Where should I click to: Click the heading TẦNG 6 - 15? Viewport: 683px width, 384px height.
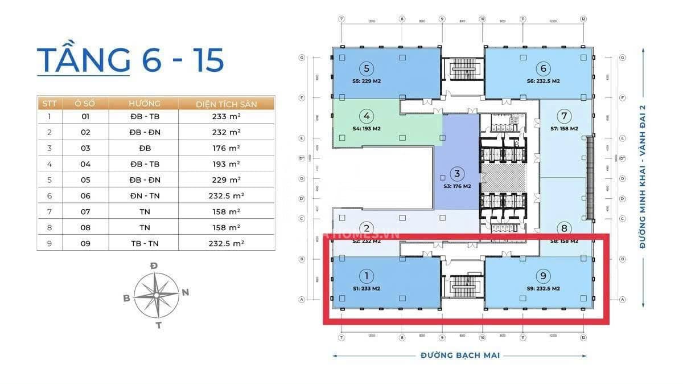(130, 60)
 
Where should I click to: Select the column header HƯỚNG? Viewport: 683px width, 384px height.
(144, 104)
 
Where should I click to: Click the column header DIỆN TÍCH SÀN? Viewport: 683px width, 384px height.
(227, 104)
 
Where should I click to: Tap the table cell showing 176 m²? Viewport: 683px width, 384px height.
(227, 148)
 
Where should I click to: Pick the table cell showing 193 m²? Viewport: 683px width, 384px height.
(227, 164)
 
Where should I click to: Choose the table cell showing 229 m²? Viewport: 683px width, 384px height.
(227, 180)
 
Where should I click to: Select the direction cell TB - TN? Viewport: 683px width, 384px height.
(144, 243)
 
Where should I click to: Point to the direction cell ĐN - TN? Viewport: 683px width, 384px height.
(144, 195)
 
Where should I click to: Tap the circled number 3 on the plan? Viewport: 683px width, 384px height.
(456, 173)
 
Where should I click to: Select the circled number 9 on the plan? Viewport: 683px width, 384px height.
(544, 276)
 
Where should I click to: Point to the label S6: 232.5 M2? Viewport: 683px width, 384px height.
(544, 81)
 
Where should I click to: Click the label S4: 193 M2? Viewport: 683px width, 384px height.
(367, 129)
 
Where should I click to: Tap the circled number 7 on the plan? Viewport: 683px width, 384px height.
(564, 116)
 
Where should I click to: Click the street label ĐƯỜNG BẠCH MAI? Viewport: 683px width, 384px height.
(460, 356)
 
